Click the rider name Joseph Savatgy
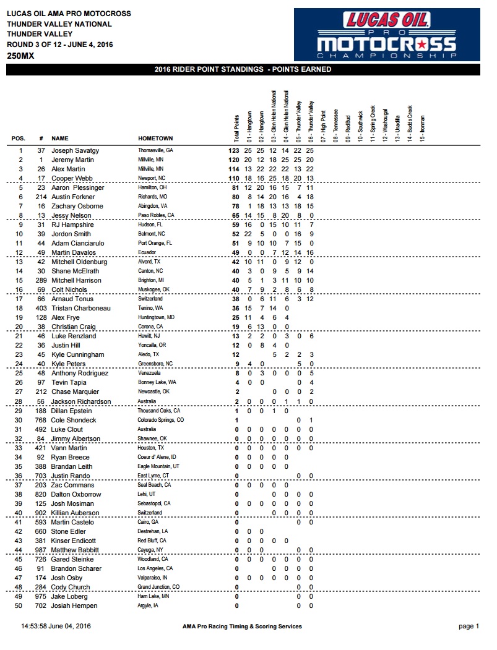click(x=75, y=150)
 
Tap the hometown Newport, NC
click(x=152, y=178)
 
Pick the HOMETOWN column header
click(x=155, y=139)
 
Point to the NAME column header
click(x=60, y=139)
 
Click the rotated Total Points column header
click(x=236, y=124)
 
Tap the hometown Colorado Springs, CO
click(x=161, y=420)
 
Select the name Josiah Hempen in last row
click(x=73, y=605)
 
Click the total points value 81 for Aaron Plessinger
click(x=234, y=187)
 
